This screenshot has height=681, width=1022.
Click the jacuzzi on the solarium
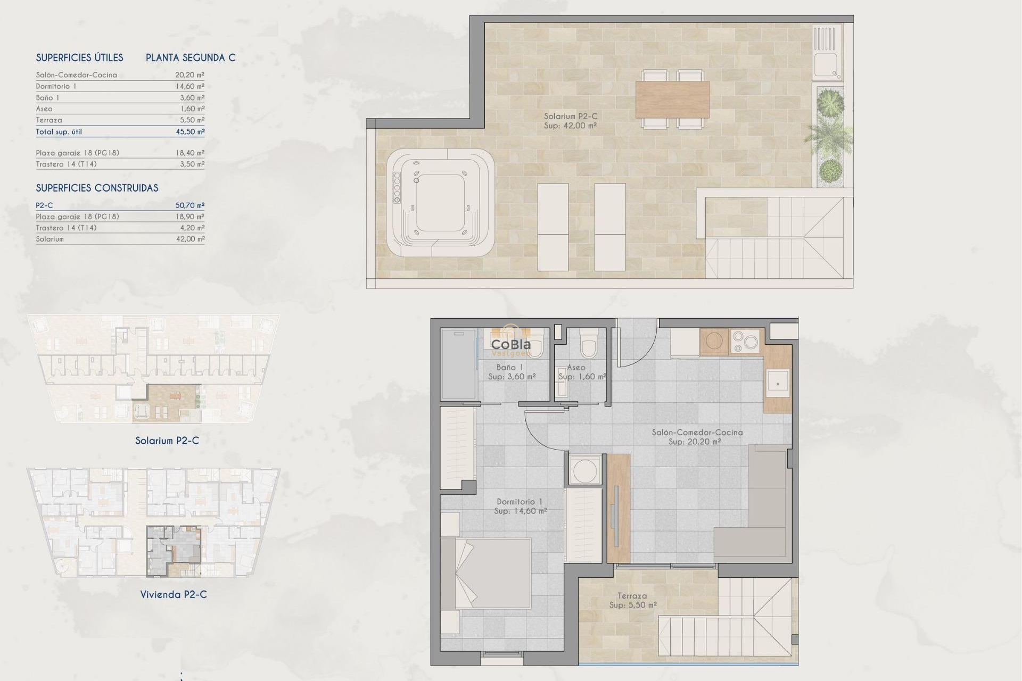click(441, 203)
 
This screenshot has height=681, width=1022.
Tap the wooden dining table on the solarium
click(672, 99)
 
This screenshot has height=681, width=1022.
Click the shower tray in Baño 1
click(457, 364)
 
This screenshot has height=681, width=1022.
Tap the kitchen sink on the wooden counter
click(778, 383)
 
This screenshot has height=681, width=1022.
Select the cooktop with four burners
click(745, 342)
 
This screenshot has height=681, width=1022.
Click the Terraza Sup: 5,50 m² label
click(632, 601)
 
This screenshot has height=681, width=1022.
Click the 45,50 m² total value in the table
click(190, 131)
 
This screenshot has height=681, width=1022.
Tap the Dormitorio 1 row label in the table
click(56, 86)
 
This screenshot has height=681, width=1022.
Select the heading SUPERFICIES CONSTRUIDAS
click(97, 188)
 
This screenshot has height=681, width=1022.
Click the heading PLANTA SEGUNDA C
click(191, 57)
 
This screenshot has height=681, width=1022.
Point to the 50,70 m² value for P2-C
click(190, 205)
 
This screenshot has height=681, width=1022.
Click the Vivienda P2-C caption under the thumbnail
click(174, 594)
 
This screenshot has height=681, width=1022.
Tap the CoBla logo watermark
click(510, 346)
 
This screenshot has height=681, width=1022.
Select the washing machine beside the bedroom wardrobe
click(584, 470)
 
